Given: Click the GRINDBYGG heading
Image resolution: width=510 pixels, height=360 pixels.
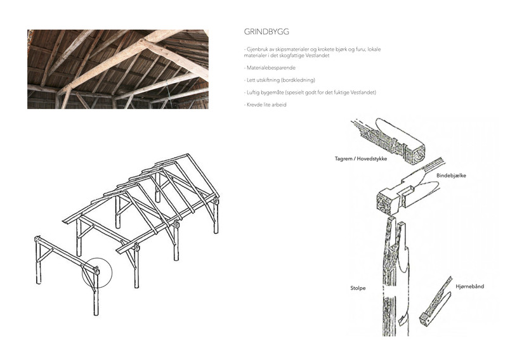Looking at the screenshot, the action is tap(266, 32).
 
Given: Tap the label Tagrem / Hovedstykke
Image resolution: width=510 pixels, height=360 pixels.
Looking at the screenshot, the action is tap(361, 159).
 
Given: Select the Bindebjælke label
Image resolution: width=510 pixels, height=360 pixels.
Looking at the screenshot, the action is tap(451, 176).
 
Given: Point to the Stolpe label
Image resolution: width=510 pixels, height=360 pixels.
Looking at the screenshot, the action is tap(358, 288).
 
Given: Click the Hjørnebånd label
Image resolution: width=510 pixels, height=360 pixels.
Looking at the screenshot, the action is tap(469, 286).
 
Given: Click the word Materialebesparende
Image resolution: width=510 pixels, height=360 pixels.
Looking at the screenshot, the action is tap(271, 68).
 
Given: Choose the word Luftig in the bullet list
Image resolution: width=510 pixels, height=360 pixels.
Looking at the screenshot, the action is tap(253, 93).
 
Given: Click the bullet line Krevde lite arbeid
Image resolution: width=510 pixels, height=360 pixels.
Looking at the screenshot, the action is tap(265, 105).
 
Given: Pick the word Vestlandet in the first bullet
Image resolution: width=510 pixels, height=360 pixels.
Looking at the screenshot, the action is tap(318, 56).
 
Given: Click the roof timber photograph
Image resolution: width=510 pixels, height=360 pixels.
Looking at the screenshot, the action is tap(118, 69).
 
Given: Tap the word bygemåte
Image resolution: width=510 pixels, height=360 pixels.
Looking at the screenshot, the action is tap(272, 93).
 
